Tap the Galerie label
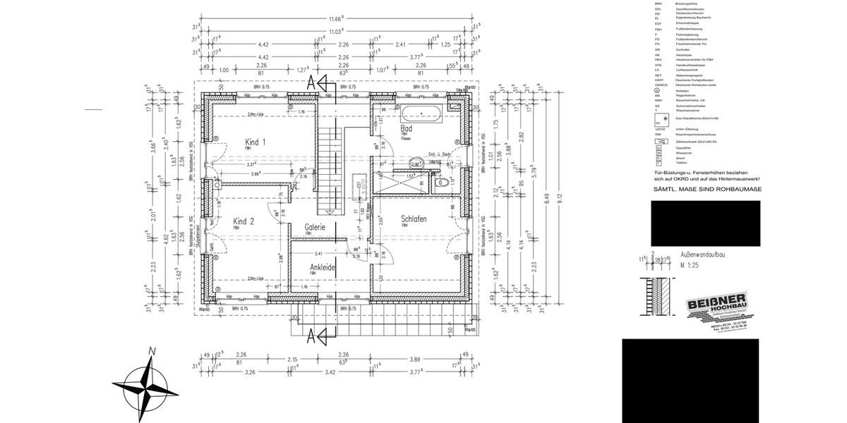point(314,227)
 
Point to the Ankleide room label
point(322,268)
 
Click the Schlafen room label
point(414,219)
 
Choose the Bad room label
point(406,129)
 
